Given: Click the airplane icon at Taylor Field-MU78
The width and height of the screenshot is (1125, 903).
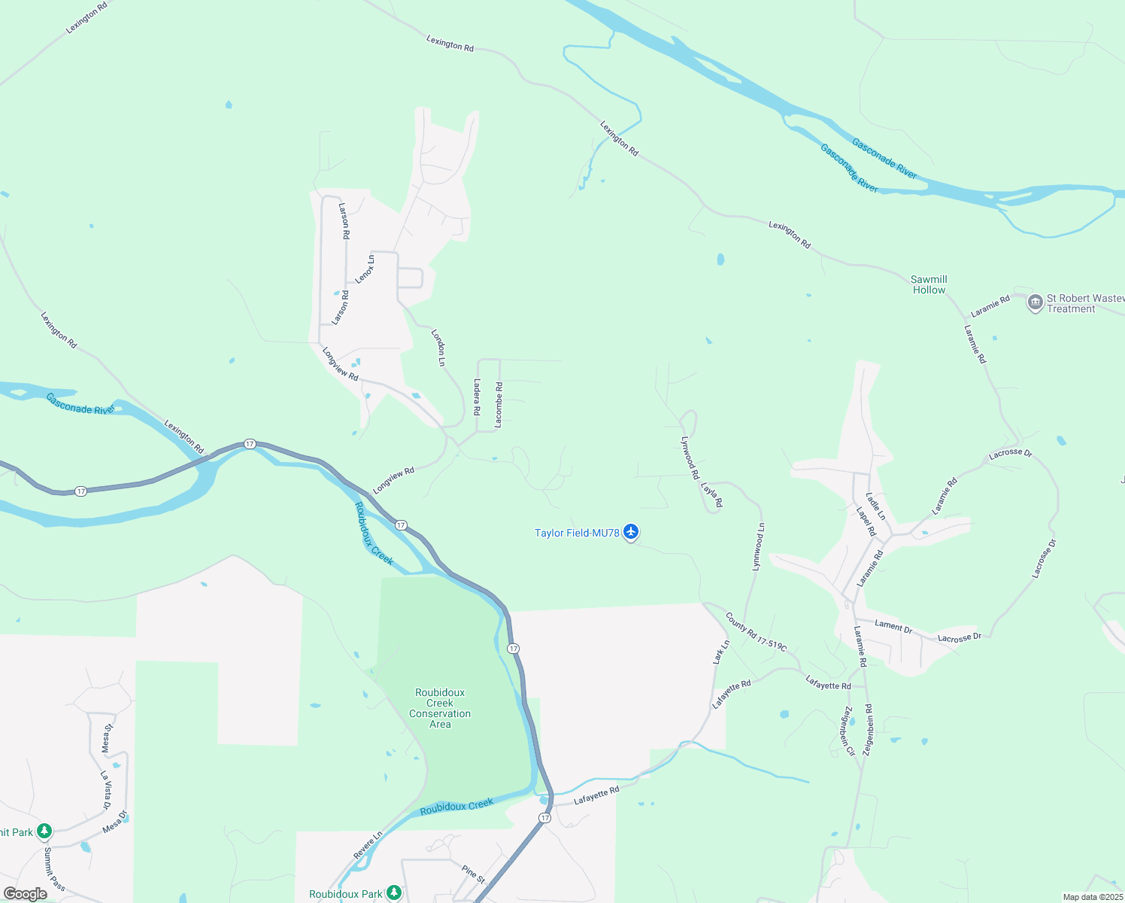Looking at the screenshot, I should point(630,533).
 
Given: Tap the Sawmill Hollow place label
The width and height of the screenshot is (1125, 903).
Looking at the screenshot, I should point(929,284).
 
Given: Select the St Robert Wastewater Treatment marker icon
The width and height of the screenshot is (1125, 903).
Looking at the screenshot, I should point(1035,303).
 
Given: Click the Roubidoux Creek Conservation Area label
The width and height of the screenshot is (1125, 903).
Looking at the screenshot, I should point(440,708).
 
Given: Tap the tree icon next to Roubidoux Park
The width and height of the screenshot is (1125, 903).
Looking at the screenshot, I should point(393,893).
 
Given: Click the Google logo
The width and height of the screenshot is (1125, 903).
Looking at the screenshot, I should point(26,894).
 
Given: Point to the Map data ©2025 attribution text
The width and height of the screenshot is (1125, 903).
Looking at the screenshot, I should point(1092,897).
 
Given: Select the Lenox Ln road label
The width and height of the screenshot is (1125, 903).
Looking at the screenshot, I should point(365,269).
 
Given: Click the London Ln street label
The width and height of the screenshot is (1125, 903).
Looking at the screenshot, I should point(438,347).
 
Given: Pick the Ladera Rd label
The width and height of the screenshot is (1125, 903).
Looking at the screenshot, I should point(476,397).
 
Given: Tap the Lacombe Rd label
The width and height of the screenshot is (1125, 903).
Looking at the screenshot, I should point(499,405).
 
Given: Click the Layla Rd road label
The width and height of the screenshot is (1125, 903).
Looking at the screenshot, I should point(711,494).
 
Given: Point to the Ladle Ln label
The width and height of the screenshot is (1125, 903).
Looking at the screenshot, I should point(875,506).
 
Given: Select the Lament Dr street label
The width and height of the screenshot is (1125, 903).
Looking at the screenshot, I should point(893,625).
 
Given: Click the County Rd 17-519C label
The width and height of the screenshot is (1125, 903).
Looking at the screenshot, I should point(756,632).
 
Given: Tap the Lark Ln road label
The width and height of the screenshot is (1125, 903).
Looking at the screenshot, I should point(721,652).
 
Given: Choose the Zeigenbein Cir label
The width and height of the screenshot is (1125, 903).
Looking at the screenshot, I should point(849,731).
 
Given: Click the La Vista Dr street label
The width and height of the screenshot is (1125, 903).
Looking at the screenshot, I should point(107,789).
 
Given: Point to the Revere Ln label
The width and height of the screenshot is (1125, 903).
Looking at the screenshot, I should point(368,845).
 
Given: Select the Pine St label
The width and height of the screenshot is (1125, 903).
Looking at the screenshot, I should point(474,874).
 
